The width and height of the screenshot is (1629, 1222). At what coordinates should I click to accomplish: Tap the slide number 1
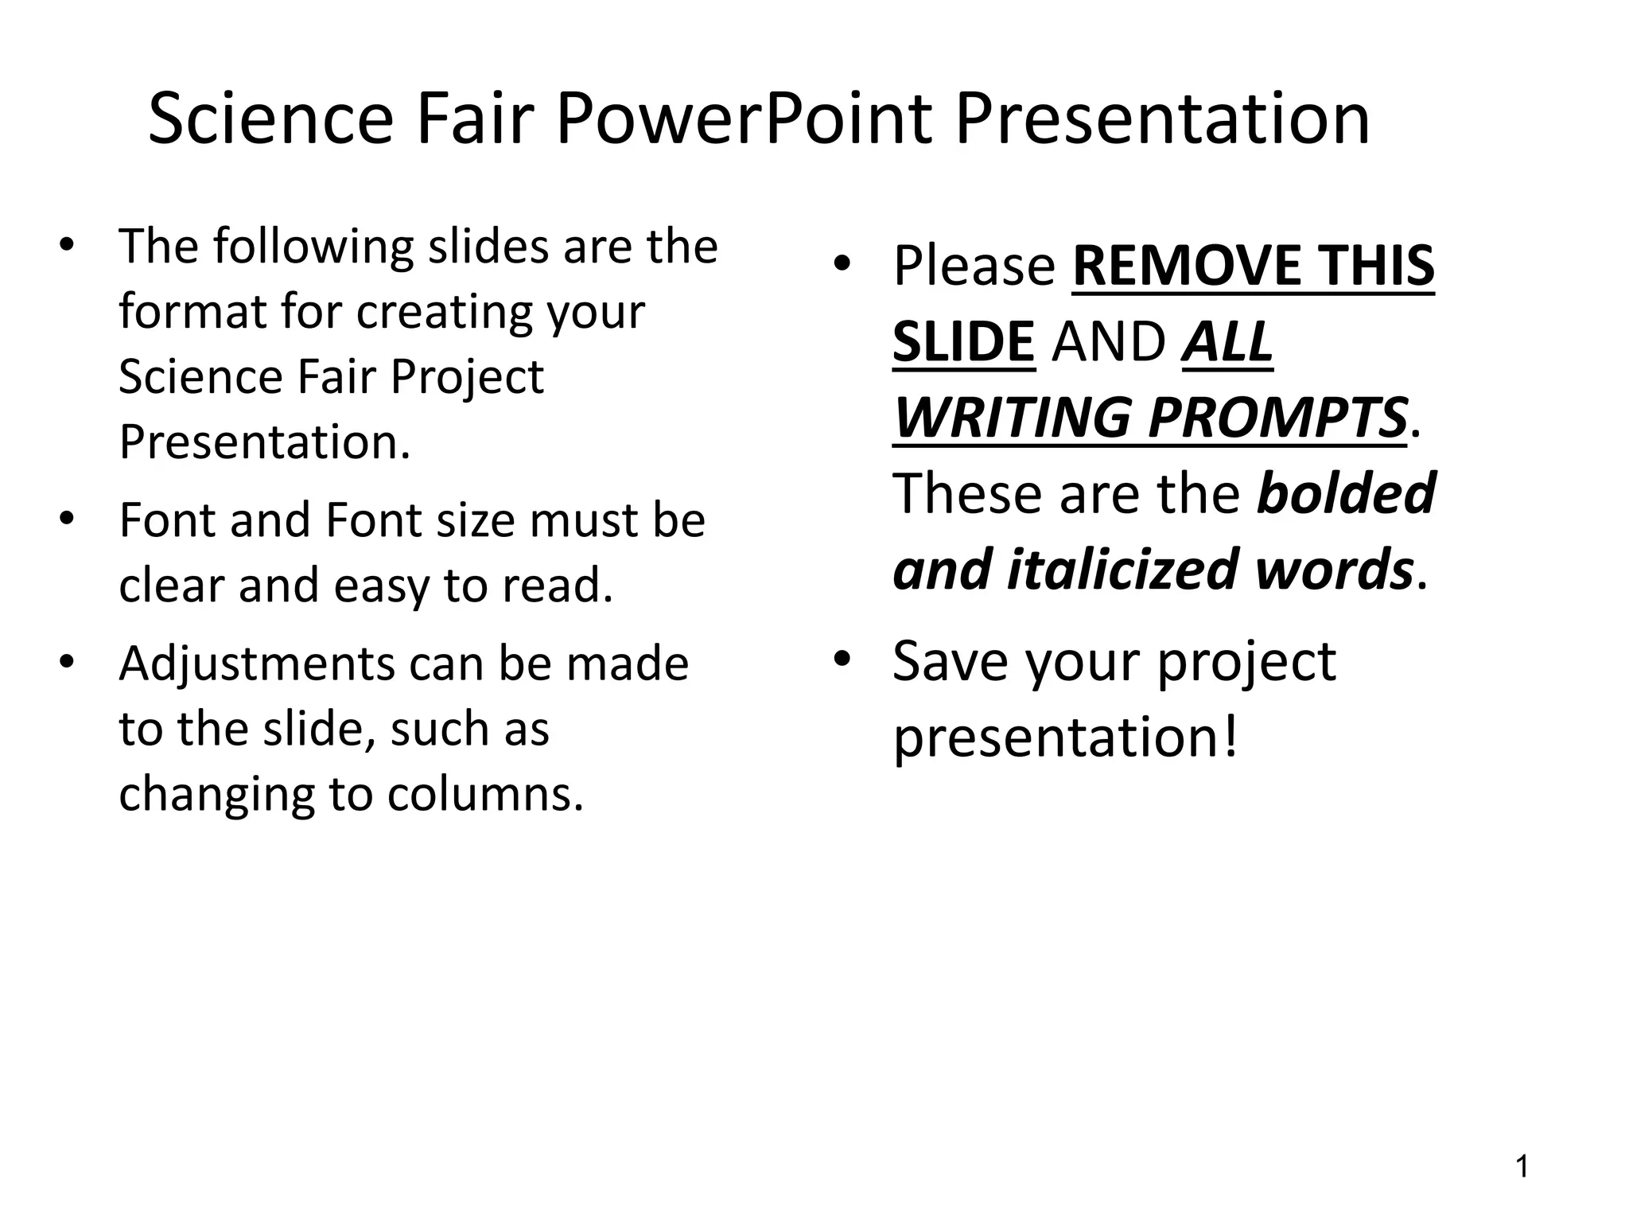coord(1522,1167)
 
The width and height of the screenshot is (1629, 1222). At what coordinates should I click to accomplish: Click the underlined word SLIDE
coord(963,341)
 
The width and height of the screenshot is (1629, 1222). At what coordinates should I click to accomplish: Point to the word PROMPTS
coord(1277,417)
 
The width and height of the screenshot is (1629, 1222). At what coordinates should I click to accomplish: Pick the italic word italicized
coord(1122,569)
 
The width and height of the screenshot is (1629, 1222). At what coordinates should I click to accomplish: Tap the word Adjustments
coord(257,664)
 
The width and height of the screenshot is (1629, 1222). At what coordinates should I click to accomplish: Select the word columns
coord(485,793)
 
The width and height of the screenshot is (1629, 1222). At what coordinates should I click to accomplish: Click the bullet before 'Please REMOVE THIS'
coord(842,263)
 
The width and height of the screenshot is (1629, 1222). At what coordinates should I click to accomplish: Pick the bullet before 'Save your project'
coord(842,659)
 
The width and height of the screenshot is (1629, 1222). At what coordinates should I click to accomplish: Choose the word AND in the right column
coord(1108,341)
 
